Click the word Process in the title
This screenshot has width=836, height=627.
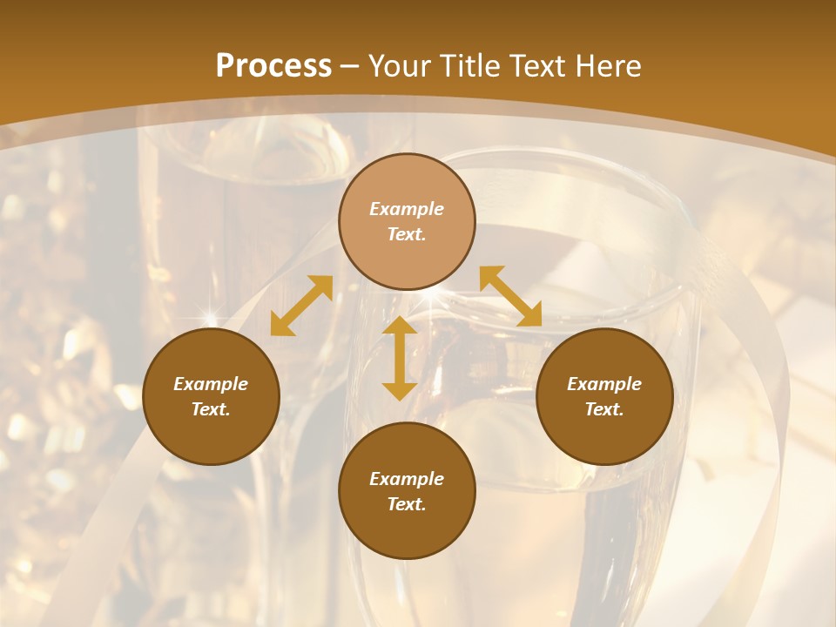(x=273, y=66)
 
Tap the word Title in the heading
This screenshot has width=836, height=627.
(x=473, y=66)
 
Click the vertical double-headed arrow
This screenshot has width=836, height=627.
(x=400, y=358)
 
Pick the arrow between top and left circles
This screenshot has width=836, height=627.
(x=301, y=306)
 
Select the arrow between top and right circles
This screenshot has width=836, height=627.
(x=510, y=297)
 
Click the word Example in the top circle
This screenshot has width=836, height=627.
(x=407, y=209)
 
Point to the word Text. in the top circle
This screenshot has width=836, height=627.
(x=407, y=234)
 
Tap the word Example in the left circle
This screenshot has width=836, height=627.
(x=211, y=384)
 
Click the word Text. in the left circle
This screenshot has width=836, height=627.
(x=211, y=409)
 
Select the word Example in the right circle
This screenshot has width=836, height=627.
(x=604, y=384)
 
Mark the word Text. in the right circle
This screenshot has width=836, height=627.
(x=604, y=409)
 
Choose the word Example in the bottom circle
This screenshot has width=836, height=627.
(x=407, y=479)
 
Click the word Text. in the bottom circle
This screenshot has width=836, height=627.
(x=407, y=504)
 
